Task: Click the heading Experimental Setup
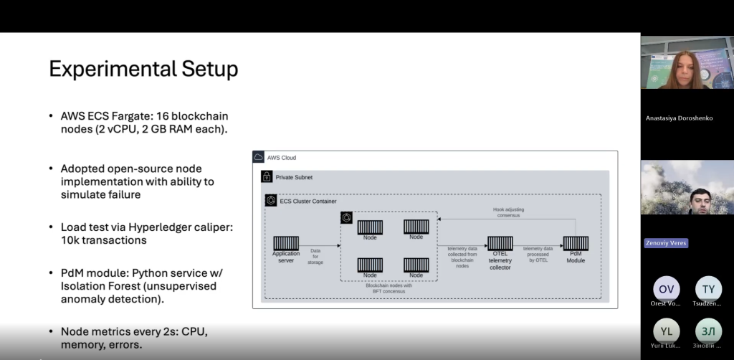point(143,70)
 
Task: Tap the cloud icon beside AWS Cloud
point(259,158)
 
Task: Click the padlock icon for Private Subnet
point(267,176)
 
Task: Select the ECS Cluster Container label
point(308,201)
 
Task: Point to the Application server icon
point(286,243)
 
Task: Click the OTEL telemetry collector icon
point(500,244)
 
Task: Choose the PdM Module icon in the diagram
point(576,244)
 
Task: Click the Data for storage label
point(315,256)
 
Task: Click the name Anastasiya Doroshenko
point(679,118)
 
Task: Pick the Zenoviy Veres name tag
point(666,243)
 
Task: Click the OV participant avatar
point(667,288)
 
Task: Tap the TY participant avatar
point(708,288)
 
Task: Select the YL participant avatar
point(667,331)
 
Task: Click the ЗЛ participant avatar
point(708,331)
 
